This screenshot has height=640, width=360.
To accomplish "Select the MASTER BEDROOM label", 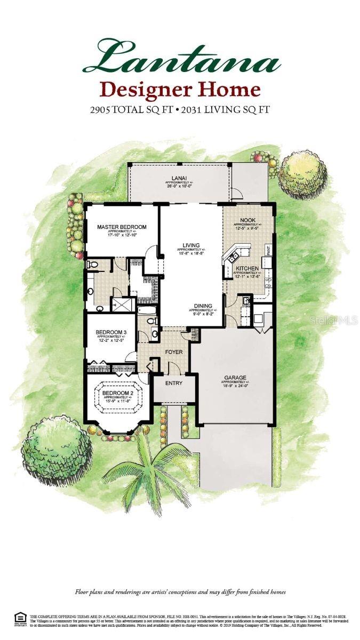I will pyautogui.click(x=122, y=227).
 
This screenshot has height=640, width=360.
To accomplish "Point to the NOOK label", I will pyautogui.click(x=247, y=220).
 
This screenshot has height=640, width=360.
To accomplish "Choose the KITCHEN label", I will pyautogui.click(x=247, y=268).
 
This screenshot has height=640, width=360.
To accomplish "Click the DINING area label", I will pyautogui.click(x=203, y=306).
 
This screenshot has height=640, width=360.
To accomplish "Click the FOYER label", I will pyautogui.click(x=174, y=351).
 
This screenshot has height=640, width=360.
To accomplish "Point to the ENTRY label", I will pyautogui.click(x=174, y=383).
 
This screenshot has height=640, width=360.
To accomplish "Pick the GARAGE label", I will pyautogui.click(x=235, y=378).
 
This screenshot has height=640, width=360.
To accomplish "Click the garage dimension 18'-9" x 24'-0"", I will pyautogui.click(x=235, y=386).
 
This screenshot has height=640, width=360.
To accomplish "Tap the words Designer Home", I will pyautogui.click(x=181, y=89).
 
